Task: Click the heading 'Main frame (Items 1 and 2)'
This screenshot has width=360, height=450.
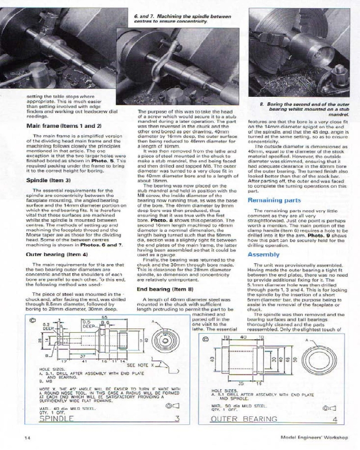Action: tap(64, 126)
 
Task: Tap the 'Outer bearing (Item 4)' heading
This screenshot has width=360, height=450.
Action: tap(57, 254)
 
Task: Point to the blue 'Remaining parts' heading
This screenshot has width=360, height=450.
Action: tap(274, 200)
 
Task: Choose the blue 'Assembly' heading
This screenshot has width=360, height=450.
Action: tap(264, 254)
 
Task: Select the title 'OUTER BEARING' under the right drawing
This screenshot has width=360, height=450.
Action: tap(244, 419)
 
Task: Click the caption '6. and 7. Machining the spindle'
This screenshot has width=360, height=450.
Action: tap(183, 18)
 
